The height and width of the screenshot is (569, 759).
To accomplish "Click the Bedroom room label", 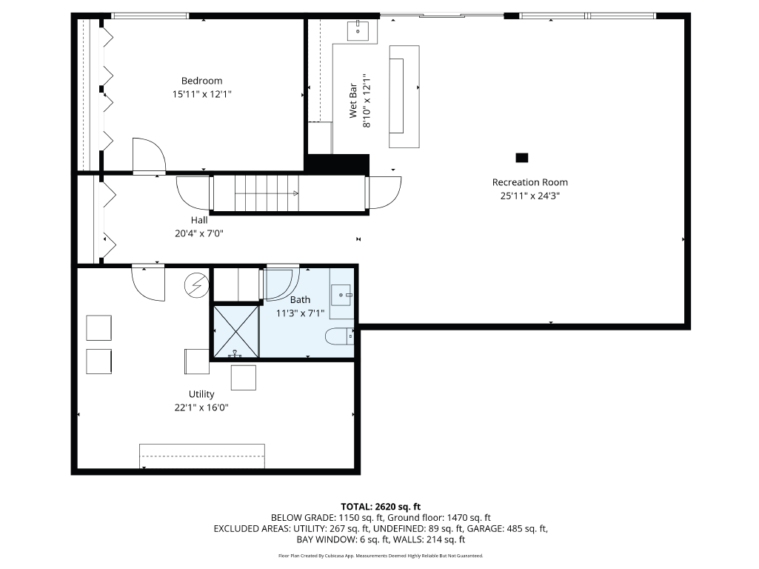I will [x=201, y=81].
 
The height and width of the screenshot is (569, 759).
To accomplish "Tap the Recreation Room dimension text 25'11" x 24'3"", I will [x=529, y=196].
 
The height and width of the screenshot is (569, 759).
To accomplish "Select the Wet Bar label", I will [x=354, y=96].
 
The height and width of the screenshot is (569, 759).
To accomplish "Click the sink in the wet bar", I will [x=359, y=30].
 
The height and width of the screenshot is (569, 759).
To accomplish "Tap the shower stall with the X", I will [x=235, y=331].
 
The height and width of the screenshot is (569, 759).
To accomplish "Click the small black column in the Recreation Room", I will [x=522, y=157].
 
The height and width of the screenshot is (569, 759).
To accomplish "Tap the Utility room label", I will [x=201, y=394].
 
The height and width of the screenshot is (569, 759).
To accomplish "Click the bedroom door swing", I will [x=148, y=156].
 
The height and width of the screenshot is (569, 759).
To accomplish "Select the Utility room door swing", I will [x=149, y=282].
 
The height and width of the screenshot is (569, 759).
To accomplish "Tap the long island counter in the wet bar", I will [x=404, y=89].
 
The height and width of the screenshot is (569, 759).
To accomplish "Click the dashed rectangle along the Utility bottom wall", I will [x=202, y=456].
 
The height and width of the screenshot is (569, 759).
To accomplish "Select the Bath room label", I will [x=300, y=299].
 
